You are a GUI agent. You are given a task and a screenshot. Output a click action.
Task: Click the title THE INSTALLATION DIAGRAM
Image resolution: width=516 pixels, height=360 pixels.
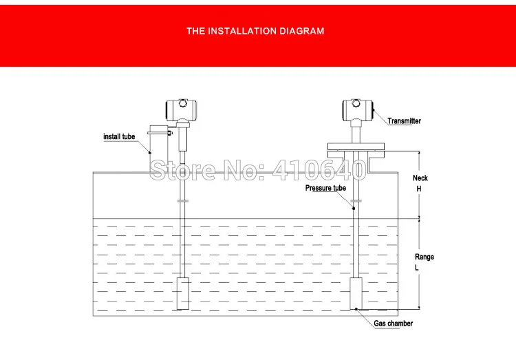pyautogui.click(x=255, y=31)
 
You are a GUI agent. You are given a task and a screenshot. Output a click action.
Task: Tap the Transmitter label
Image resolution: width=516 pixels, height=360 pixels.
pyautogui.click(x=404, y=121)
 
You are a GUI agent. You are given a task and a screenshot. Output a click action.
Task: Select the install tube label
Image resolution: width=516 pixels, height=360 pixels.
pyautogui.click(x=119, y=137)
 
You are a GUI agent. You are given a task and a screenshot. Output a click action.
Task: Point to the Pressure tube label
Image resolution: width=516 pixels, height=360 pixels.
pyautogui.click(x=325, y=188)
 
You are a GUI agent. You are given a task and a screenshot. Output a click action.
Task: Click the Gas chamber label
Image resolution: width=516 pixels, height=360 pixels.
pyautogui.click(x=394, y=324)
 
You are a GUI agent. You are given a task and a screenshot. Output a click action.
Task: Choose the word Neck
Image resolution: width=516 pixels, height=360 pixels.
pyautogui.click(x=420, y=178)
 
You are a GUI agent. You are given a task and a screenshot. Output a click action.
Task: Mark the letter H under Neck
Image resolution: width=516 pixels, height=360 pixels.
pyautogui.click(x=418, y=189)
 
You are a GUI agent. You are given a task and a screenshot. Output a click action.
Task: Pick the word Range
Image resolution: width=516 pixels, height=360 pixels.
pyautogui.click(x=424, y=257)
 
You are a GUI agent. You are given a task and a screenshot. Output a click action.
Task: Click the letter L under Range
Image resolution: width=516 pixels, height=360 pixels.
pyautogui.click(x=417, y=268)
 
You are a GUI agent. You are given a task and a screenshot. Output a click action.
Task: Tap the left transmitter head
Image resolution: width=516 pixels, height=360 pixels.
pyautogui.click(x=180, y=109)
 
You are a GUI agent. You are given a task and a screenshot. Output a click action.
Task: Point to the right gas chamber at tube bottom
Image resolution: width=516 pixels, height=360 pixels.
pyautogui.click(x=356, y=293)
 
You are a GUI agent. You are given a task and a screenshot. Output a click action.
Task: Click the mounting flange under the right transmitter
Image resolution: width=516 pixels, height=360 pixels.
pyautogui.click(x=357, y=145)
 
